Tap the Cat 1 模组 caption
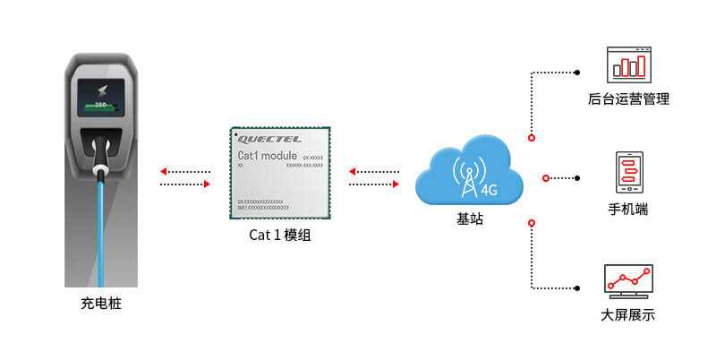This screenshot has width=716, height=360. coord(281,236)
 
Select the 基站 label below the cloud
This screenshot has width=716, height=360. coord(470,218)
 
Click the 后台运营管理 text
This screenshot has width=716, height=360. coord(628,99)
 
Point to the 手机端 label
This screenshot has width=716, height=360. coord(628,210)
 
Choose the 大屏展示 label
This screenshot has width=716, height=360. coord(628,315)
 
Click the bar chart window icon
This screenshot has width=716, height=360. coord(627,65)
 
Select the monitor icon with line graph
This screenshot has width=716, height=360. coord(628,280)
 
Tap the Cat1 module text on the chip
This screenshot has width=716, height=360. coord(272,157)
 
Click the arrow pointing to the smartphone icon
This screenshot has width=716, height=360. coord(577,177)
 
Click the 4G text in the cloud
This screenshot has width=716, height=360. coord(489,189)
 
